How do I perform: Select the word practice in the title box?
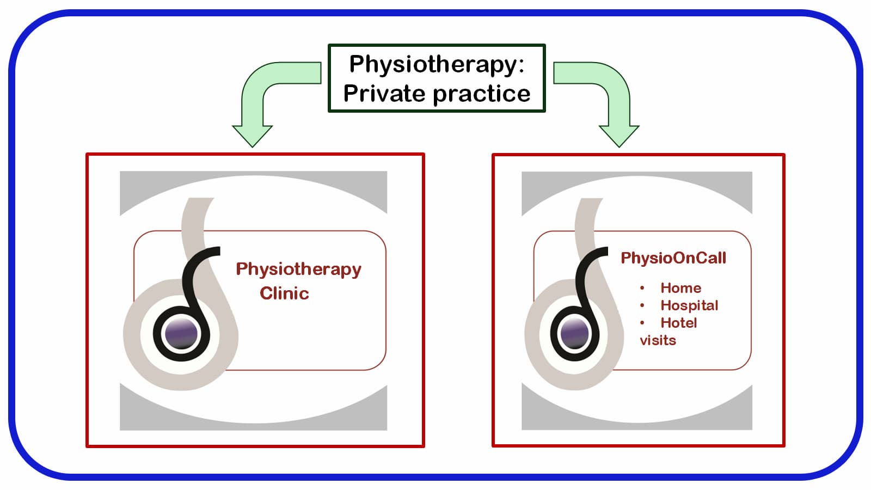482,94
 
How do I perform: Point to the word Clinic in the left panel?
284,293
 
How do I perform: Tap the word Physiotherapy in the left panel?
298,269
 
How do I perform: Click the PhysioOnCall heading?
673,258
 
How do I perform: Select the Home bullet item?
680,288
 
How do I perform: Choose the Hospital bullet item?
689,305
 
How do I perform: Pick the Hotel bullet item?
678,323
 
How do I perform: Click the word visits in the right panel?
658,340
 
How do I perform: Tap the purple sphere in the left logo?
181,332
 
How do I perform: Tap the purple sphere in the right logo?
574,333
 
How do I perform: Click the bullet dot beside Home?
642,288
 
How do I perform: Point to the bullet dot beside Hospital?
642,305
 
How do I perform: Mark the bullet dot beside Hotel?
642,323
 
